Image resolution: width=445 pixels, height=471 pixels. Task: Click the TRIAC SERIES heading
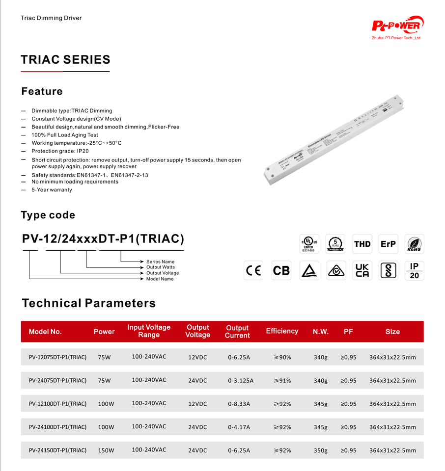[x=65, y=60]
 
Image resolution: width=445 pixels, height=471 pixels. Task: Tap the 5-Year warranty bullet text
[x=52, y=190]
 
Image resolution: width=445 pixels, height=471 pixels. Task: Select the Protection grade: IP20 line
[x=60, y=151]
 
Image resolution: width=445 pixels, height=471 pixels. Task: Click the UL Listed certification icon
[x=309, y=244]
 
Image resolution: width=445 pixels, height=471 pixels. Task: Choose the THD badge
[x=362, y=244]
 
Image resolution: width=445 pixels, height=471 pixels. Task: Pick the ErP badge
[x=388, y=244]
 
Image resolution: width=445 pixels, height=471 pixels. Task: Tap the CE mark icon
[x=253, y=270]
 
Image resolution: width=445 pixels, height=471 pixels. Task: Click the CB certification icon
[x=281, y=270]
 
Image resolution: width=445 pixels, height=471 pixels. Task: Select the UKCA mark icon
[x=362, y=270]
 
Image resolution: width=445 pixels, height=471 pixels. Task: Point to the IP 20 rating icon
[x=414, y=270]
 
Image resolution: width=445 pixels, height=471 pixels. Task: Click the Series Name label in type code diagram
[x=160, y=262]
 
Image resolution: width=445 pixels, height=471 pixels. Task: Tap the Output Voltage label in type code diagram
[x=163, y=273]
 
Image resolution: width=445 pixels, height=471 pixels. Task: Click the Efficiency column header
[x=282, y=331]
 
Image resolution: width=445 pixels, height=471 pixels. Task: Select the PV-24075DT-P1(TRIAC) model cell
[x=57, y=380]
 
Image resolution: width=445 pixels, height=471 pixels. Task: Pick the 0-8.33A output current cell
[x=239, y=404]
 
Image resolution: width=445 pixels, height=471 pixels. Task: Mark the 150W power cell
[x=106, y=450]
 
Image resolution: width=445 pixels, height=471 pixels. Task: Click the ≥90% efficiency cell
[x=282, y=357]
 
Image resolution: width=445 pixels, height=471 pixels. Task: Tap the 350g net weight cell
[x=320, y=450]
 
